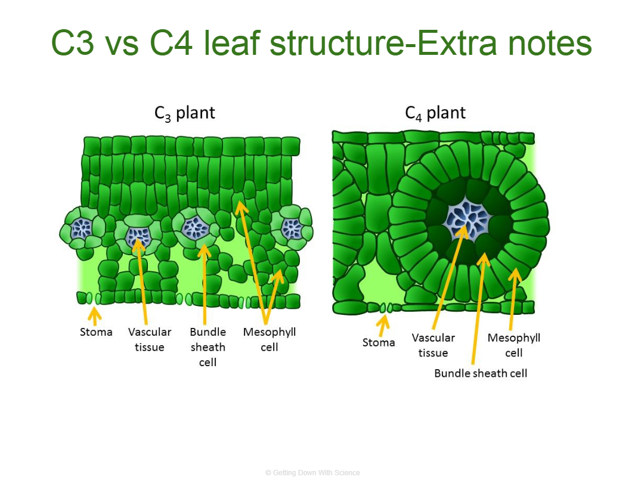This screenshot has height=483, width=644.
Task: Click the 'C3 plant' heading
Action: pyautogui.click(x=184, y=113)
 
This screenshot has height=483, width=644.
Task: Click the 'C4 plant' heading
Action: pyautogui.click(x=435, y=113)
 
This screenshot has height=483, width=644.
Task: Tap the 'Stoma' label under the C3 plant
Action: pyautogui.click(x=96, y=332)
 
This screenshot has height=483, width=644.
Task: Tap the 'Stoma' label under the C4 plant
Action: pyautogui.click(x=378, y=342)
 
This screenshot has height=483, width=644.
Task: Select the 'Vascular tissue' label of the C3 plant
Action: pyautogui.click(x=150, y=339)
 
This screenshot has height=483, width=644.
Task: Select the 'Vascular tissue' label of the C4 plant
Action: pyautogui.click(x=434, y=345)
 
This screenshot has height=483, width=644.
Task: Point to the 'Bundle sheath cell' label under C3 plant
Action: pyautogui.click(x=208, y=346)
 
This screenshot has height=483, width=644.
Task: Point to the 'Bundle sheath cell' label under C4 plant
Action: pyautogui.click(x=481, y=373)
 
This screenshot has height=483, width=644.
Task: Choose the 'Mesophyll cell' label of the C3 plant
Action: pyautogui.click(x=270, y=339)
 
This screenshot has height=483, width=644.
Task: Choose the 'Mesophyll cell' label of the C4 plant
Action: pyautogui.click(x=514, y=345)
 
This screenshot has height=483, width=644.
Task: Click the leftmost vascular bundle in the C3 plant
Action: pyautogui.click(x=82, y=228)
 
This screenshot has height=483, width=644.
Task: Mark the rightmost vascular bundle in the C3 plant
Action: pyautogui.click(x=292, y=228)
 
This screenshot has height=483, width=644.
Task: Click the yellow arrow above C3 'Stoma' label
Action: pyautogui.click(x=95, y=316)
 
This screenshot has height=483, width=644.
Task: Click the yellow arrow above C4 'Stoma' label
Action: pyautogui.click(x=383, y=326)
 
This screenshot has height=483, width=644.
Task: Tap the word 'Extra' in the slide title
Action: pyautogui.click(x=459, y=43)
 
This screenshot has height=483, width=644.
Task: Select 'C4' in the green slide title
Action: pyautogui.click(x=171, y=43)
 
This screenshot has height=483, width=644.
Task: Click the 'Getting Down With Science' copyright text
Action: pyautogui.click(x=312, y=473)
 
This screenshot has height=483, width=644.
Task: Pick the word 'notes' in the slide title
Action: pyautogui.click(x=550, y=44)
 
